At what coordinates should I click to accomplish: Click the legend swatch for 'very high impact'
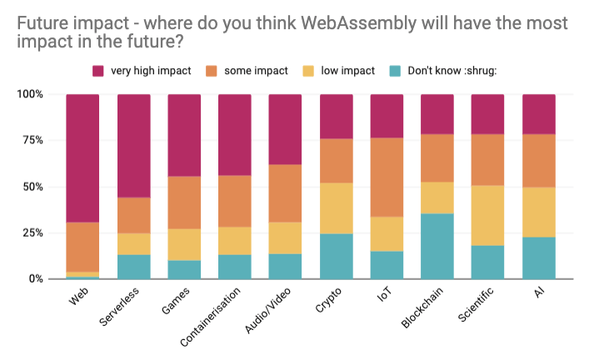97,71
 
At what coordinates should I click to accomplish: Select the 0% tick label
35,278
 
